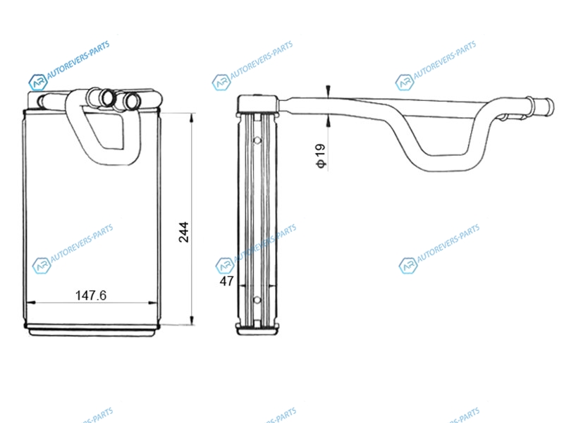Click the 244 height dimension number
pyautogui.click(x=184, y=232)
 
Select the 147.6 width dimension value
pyautogui.click(x=91, y=295)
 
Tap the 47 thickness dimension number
pyautogui.click(x=226, y=281)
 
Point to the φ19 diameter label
pyautogui.click(x=321, y=156)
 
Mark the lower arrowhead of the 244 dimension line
pyautogui.click(x=192, y=320)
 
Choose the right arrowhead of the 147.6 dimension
pyautogui.click(x=152, y=303)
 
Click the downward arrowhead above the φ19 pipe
pyautogui.click(x=328, y=92)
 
